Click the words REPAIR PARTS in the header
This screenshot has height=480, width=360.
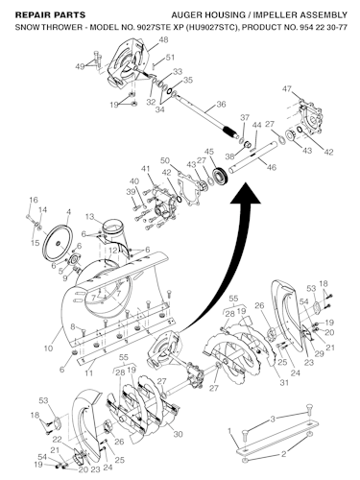point(50,15)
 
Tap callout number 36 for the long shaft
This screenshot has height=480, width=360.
point(221,105)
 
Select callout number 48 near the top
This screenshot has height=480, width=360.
point(163,40)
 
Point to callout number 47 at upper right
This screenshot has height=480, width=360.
point(287,89)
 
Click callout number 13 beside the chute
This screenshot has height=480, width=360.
point(90,217)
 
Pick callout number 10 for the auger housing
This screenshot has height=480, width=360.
point(48,348)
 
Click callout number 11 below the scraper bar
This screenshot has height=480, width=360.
point(88,373)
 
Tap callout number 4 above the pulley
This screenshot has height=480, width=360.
point(68,212)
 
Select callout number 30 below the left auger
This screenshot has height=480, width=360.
point(178,434)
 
